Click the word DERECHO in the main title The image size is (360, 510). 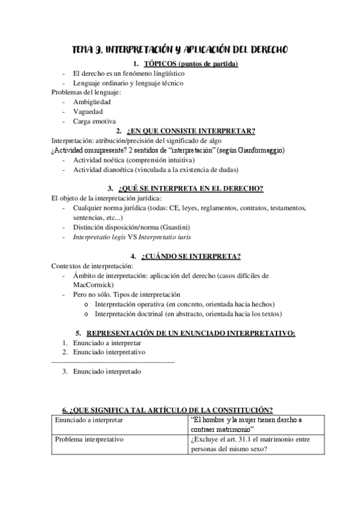(x=264, y=49)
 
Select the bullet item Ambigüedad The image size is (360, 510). (x=92, y=102)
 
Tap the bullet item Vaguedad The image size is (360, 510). (x=88, y=111)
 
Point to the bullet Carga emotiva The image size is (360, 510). (x=94, y=121)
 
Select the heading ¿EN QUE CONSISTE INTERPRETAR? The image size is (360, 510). (x=191, y=131)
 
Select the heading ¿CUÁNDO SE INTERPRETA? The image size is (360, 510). (x=191, y=256)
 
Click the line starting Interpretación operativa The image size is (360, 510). (x=184, y=304)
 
